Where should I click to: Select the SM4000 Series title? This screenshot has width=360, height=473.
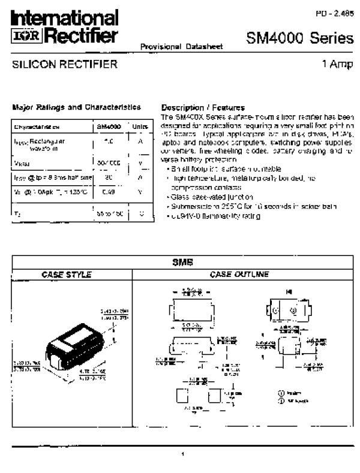click(x=299, y=39)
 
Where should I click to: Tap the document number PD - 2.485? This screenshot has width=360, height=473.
click(x=334, y=13)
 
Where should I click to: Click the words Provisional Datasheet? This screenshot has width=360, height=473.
click(x=173, y=46)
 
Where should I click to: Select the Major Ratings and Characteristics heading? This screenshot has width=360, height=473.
click(x=76, y=107)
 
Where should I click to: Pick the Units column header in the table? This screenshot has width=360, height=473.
click(x=139, y=127)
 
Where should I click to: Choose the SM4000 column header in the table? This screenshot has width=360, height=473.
click(x=109, y=127)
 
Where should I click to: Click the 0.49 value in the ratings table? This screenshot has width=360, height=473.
click(x=109, y=191)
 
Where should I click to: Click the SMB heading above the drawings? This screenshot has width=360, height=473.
click(x=182, y=262)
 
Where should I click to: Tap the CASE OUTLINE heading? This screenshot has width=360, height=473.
click(x=239, y=275)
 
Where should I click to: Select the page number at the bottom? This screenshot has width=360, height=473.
click(x=182, y=454)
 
